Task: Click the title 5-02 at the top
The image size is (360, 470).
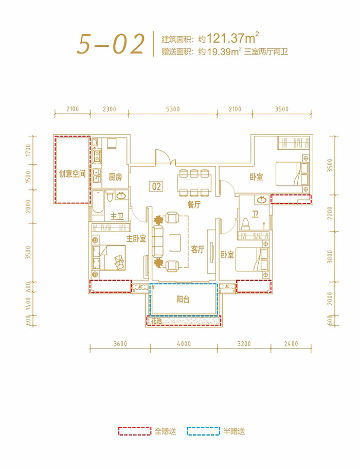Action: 110,45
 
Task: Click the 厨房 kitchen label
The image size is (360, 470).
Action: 115,177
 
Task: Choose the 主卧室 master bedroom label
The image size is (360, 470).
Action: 136,238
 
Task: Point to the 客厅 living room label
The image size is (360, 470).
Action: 198,249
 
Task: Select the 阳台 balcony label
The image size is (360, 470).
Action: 183,300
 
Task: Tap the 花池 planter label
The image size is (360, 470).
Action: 156,321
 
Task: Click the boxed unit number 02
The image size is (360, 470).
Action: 157,186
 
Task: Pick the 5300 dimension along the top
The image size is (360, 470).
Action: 173,109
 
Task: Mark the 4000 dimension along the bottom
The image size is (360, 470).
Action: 183,344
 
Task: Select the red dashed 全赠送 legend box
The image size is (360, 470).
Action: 135,431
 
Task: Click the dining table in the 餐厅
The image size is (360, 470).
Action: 194,183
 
